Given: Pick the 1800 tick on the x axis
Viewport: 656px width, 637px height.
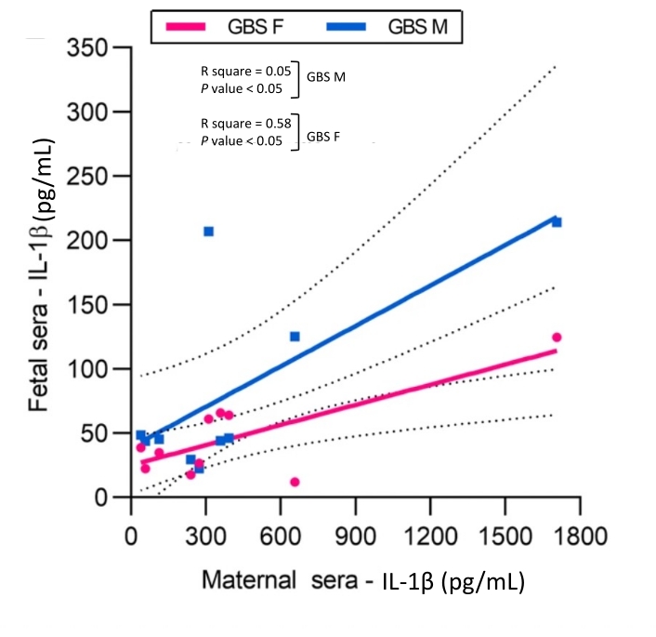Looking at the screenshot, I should point(580,537).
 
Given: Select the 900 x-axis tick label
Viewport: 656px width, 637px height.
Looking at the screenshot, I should point(355,537).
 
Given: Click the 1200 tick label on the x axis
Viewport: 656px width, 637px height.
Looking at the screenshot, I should point(429,537).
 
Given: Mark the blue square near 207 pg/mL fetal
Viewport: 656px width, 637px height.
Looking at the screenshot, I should point(208,231).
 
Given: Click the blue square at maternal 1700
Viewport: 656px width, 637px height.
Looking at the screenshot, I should point(557,221).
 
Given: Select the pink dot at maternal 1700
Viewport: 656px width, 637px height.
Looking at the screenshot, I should point(557,337).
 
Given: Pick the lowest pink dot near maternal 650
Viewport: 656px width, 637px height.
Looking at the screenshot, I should point(295,482).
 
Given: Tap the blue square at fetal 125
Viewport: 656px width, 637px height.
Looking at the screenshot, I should point(295,336).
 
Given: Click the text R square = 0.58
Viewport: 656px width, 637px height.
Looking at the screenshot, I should point(246,123).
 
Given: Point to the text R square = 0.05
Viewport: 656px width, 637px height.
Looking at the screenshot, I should point(246,70).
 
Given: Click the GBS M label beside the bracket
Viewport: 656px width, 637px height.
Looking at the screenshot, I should point(326,77).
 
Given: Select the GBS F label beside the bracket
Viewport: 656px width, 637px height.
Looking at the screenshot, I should point(323,135).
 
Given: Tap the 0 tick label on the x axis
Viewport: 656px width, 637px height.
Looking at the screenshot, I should point(131,537).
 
